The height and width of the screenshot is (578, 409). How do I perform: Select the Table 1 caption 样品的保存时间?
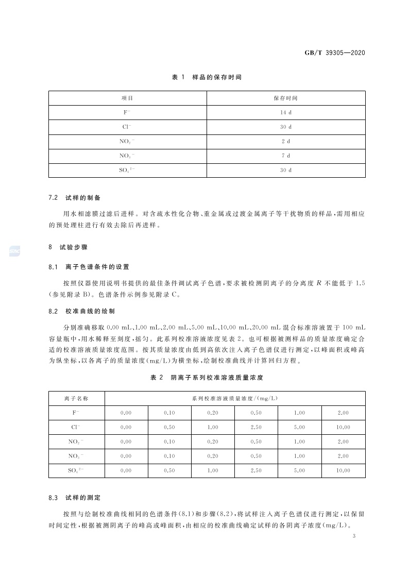(206, 77)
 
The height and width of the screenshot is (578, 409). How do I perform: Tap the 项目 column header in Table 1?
(127, 98)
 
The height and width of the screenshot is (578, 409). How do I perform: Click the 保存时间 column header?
(286, 98)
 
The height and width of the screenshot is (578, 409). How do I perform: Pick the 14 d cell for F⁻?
(286, 112)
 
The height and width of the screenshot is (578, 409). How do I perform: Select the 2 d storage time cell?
(286, 141)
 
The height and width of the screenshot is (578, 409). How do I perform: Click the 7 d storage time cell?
(286, 156)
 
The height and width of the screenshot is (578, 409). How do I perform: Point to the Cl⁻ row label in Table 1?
(127, 127)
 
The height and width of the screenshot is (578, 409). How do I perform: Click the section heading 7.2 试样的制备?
(74, 198)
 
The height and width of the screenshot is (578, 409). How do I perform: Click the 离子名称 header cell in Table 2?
(76, 398)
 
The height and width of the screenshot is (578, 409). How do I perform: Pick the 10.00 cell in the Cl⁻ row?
(343, 427)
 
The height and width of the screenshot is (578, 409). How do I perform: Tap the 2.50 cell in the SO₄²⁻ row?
(256, 470)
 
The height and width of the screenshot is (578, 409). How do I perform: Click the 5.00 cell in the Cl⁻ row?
(299, 427)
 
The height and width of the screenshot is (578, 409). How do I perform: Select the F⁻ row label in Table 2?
(76, 413)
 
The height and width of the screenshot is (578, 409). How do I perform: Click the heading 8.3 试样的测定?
(74, 498)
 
